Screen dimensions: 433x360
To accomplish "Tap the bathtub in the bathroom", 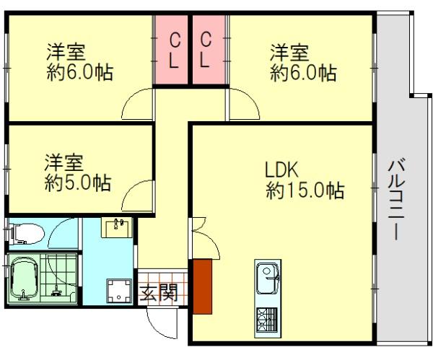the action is point(24,278).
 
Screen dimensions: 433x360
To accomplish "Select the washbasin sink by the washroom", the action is point(116,227).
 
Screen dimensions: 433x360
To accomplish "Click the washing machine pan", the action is point(119,291).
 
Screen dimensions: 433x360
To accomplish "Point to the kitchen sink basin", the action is point(267,278).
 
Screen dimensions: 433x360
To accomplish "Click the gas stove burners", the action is point(267,319).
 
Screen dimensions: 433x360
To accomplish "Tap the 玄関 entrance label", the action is point(158,293).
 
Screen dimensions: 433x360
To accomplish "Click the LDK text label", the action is point(281,170).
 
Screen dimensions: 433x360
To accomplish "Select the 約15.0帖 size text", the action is point(305,190).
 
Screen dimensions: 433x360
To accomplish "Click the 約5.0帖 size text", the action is point(78,183).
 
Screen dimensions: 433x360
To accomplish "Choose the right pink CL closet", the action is point(209,50).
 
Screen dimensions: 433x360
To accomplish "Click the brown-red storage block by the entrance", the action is point(202,286).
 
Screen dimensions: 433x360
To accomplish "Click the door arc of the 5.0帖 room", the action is point(133,190).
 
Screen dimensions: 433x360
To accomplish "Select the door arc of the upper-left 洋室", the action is point(133,100).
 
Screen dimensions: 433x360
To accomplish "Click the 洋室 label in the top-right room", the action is point(289,53).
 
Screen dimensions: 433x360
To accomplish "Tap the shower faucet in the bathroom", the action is point(56,291).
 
